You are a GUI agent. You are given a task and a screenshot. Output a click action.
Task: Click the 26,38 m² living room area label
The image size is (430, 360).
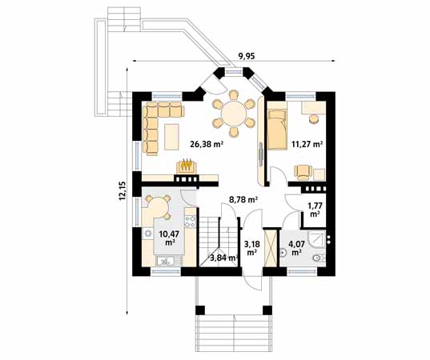point(207,144)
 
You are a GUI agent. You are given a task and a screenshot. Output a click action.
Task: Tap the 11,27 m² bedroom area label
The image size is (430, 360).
point(307,144)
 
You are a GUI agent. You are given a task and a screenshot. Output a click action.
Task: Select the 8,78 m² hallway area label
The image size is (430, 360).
point(243,200)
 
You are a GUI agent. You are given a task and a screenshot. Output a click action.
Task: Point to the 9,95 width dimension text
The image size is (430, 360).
point(247,56)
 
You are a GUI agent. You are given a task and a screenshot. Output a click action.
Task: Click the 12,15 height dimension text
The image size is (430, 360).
point(123,190)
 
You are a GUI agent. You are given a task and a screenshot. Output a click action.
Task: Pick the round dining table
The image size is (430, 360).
point(234,114)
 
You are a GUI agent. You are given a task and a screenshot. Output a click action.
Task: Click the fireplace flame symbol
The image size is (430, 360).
point(187,165)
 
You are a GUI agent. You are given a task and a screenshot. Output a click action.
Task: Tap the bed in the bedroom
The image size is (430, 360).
point(277,129)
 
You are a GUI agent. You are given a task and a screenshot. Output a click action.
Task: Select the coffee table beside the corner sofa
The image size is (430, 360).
point(171,137)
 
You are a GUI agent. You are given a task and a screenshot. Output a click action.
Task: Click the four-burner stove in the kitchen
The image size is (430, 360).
point(191,222)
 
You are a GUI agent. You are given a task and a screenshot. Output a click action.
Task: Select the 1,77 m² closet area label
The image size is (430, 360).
point(315,210)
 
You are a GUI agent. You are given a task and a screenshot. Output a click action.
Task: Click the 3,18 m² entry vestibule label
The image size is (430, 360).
point(251,248)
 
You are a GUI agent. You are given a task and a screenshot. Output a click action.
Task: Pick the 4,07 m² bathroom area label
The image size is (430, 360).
point(295,248)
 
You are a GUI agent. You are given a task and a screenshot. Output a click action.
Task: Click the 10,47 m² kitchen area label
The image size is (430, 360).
point(169,238)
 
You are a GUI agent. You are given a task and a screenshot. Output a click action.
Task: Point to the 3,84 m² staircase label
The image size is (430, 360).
point(223,258)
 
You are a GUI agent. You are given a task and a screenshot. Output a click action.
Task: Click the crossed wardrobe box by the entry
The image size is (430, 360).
point(271,248)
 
